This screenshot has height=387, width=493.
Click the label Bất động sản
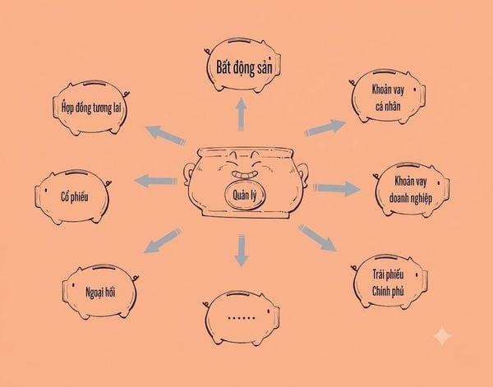244,68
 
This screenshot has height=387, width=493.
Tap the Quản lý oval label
245,196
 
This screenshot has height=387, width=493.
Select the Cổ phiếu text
75,197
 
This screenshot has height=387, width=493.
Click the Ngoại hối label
100,293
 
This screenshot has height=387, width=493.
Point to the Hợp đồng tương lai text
91,108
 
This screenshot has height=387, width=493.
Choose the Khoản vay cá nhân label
388,98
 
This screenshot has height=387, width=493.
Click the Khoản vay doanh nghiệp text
411,190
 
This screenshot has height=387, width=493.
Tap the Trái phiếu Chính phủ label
388,283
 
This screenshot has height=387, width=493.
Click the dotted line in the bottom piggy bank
242,318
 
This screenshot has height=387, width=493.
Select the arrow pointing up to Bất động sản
241,114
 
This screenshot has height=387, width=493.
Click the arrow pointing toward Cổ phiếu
155,181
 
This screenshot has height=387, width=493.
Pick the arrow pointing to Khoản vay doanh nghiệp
337,188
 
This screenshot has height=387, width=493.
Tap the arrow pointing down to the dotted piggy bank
242,251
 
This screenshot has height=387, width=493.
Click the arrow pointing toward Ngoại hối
163,241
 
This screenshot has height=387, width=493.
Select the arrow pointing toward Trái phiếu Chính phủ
317,238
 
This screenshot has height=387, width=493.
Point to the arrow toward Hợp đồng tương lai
166,136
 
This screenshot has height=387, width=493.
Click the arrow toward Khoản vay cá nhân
325,128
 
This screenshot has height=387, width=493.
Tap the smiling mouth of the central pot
244,174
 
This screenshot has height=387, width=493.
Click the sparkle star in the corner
442,336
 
